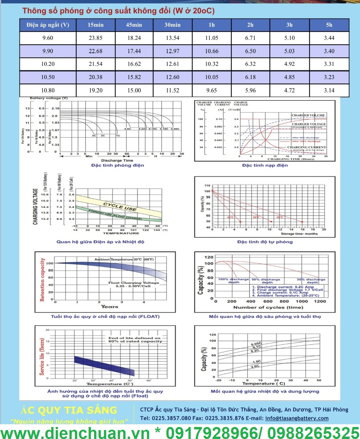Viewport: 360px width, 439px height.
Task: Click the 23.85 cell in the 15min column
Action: click(x=95, y=38)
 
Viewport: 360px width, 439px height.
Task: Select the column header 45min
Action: click(x=134, y=25)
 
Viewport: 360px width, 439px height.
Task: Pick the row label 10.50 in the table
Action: click(x=48, y=77)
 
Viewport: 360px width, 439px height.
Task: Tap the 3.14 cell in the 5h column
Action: click(x=329, y=91)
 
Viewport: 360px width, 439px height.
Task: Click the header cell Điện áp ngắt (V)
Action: click(x=48, y=25)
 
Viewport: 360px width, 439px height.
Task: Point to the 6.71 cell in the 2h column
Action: click(x=250, y=38)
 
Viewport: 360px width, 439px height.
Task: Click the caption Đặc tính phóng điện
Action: click(x=118, y=165)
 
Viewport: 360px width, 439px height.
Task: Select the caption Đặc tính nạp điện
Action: click(x=265, y=165)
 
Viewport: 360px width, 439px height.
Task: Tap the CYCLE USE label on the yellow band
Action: click(x=120, y=206)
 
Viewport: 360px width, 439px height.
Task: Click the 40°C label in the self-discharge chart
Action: click(x=230, y=217)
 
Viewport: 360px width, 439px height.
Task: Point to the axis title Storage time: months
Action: click(x=299, y=234)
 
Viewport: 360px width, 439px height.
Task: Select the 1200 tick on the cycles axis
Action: click(x=320, y=301)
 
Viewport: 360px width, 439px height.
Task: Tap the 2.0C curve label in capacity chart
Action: click(x=255, y=366)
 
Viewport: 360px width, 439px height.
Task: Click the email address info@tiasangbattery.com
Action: click(x=297, y=418)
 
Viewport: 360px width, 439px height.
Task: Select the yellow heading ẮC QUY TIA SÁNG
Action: click(x=69, y=410)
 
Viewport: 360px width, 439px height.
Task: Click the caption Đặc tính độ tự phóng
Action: click(x=265, y=242)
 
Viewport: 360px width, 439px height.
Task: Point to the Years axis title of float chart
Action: click(x=109, y=307)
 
